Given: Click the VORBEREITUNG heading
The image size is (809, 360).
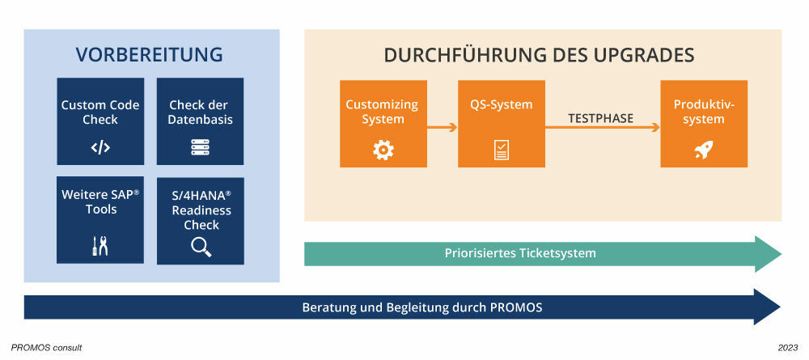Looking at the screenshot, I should (150, 55).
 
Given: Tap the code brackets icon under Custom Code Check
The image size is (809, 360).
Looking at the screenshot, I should (100, 147).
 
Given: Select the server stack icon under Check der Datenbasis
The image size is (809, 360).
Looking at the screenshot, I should (200, 147).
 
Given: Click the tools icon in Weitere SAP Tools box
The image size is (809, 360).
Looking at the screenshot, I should (100, 247).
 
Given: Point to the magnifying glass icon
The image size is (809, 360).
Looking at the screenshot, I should (201, 247).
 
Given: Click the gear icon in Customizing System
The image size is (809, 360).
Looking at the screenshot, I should (382, 150).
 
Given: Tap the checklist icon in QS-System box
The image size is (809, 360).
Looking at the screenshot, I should (502, 150).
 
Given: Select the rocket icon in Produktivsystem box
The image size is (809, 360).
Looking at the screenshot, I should (703, 150).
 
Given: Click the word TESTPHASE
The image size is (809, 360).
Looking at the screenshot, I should (599, 118).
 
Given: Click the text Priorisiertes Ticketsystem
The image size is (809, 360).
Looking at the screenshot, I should (520, 253).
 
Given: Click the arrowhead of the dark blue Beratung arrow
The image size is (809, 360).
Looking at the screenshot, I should (767, 307).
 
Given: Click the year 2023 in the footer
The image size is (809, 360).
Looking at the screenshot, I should (787, 347).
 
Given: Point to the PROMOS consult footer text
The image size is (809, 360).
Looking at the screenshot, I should (46, 347).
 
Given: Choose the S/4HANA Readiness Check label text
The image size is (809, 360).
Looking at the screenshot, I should (201, 210).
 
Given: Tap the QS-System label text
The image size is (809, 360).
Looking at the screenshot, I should (502, 104).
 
